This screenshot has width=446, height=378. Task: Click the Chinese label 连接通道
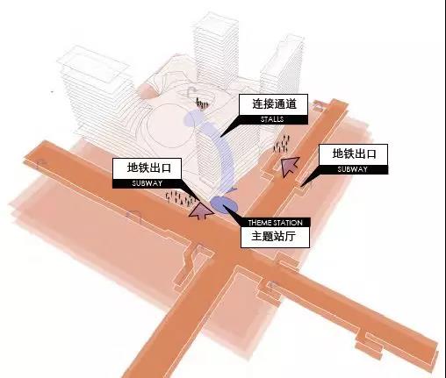coord(274,103)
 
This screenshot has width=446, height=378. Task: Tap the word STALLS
coord(272,119)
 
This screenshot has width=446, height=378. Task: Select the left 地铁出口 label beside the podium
coord(149,168)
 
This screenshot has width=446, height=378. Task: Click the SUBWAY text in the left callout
coord(147,183)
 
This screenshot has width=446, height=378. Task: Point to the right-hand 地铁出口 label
coord(354,153)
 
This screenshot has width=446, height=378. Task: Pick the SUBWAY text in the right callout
coord(352,169)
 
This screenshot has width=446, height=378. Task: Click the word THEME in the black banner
coord(259,223)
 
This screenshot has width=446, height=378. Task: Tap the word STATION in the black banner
coord(287,223)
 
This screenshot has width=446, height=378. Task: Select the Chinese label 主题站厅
coord(273,236)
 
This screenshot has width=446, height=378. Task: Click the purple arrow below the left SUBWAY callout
coord(201,210)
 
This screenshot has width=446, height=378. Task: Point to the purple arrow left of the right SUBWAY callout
coord(290,166)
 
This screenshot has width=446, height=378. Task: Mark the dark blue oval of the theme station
coord(224,204)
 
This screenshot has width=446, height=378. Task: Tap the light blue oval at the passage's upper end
coord(193,118)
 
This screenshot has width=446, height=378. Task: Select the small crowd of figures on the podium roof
coord(202,103)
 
